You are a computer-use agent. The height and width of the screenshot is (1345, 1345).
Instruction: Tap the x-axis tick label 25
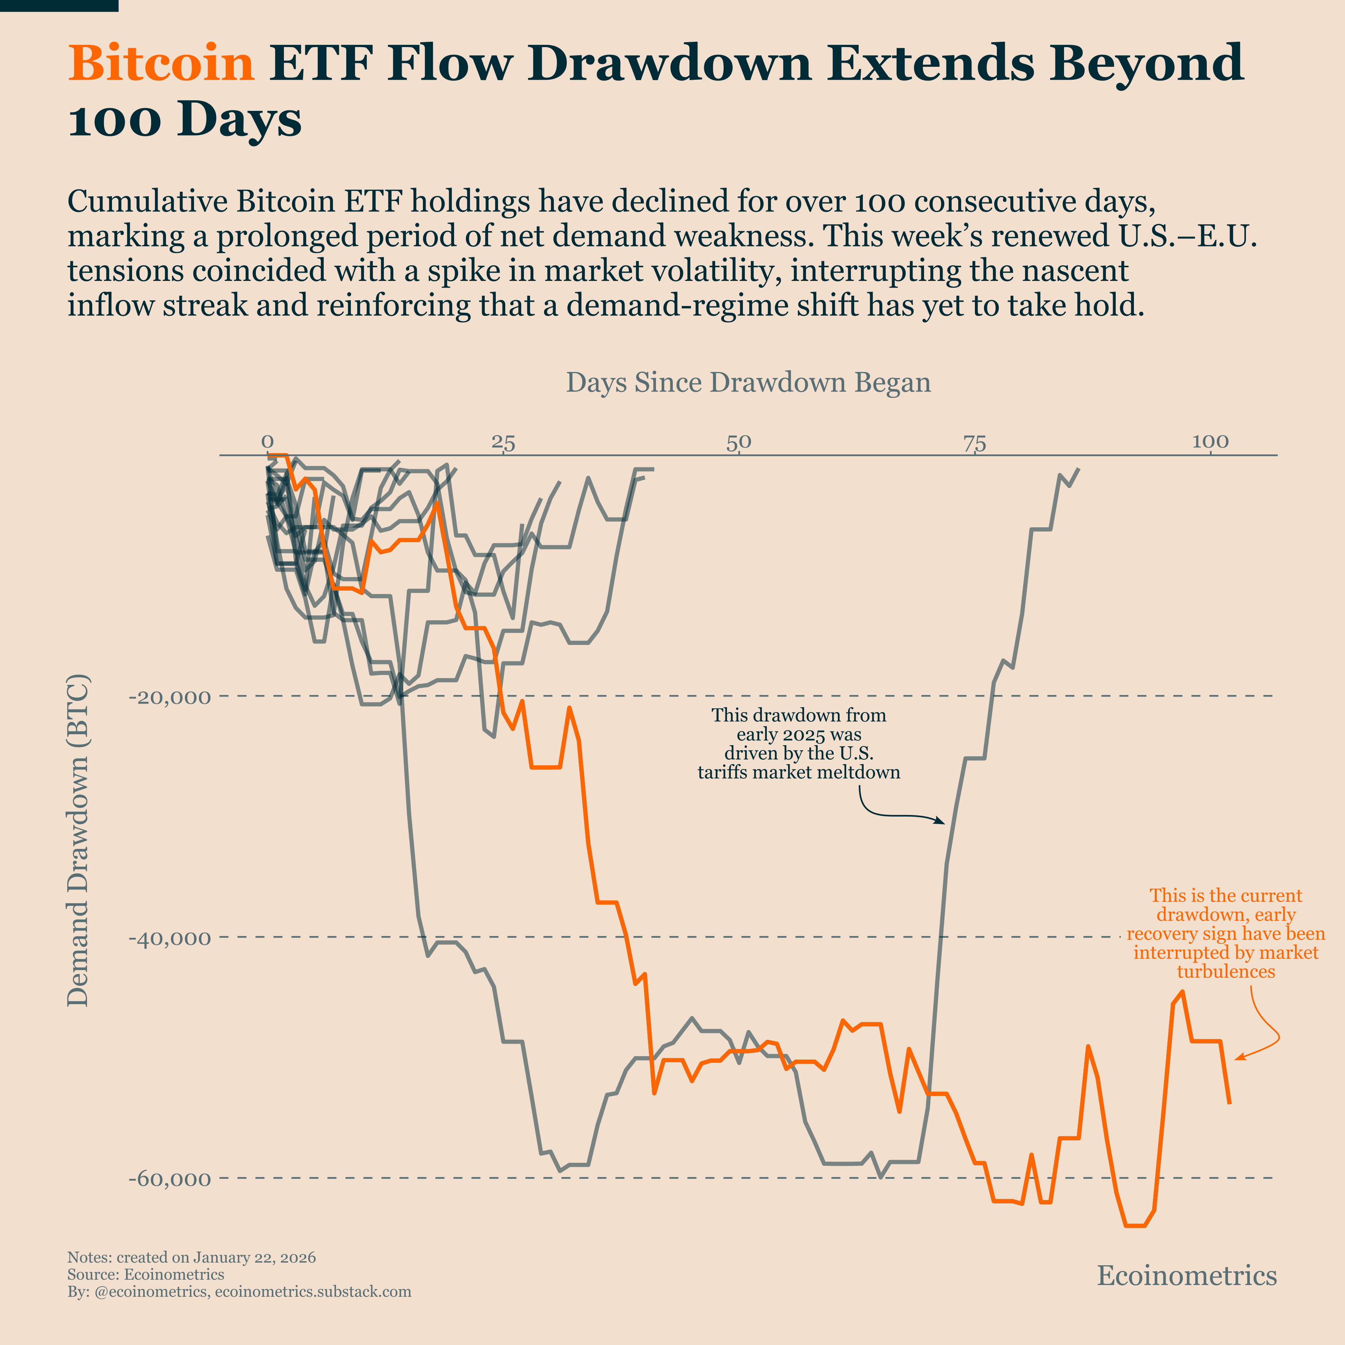click(503, 442)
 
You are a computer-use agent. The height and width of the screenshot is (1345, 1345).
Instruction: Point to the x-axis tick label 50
click(739, 442)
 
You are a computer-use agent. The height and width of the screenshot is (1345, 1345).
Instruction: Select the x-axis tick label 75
click(974, 442)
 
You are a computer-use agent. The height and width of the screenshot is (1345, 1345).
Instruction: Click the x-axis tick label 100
click(1210, 442)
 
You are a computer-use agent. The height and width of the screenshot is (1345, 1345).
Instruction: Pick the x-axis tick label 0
click(267, 442)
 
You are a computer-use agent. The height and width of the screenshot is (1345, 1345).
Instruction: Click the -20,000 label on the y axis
click(170, 697)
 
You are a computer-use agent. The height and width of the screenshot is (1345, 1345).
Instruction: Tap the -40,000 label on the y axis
click(170, 938)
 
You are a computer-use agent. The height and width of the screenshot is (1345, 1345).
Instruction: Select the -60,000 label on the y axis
click(170, 1179)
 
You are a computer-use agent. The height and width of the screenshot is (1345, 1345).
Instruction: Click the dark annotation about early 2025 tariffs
click(798, 744)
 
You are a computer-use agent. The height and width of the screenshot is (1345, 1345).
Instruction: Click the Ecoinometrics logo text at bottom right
click(1186, 1276)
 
